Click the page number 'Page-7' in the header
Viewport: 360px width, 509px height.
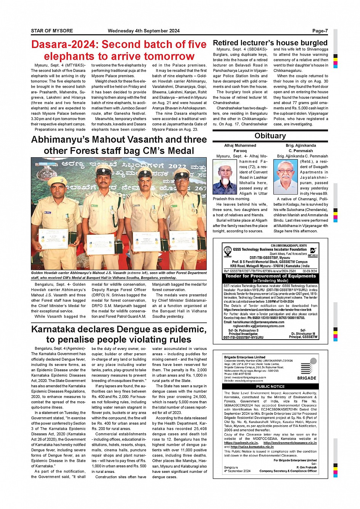coord(320,31)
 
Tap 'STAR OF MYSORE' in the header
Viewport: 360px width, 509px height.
coord(52,31)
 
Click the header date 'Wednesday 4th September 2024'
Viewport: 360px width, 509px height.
coord(144,31)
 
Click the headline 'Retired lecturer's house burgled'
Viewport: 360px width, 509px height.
coord(270,43)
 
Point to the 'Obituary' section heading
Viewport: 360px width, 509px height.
coord(270,136)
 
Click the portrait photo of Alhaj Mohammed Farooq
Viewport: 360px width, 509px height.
coord(225,177)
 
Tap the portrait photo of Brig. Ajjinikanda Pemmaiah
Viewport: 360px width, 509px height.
coord(285,177)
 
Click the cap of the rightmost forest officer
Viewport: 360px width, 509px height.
coord(182,174)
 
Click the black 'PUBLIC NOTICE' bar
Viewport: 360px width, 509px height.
coord(270,386)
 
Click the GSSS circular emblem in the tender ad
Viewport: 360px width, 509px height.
coord(227,251)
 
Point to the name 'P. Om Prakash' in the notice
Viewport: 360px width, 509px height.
coord(306,467)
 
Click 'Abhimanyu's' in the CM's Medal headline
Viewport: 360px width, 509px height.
coord(61,140)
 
